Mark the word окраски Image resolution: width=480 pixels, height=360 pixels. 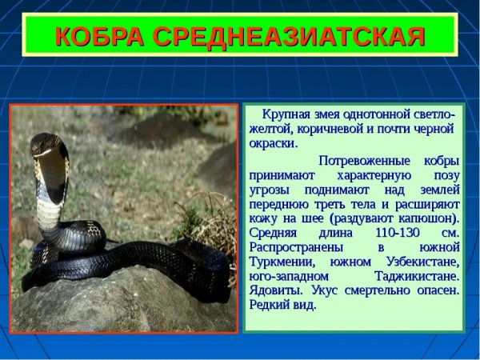[x=273, y=143]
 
